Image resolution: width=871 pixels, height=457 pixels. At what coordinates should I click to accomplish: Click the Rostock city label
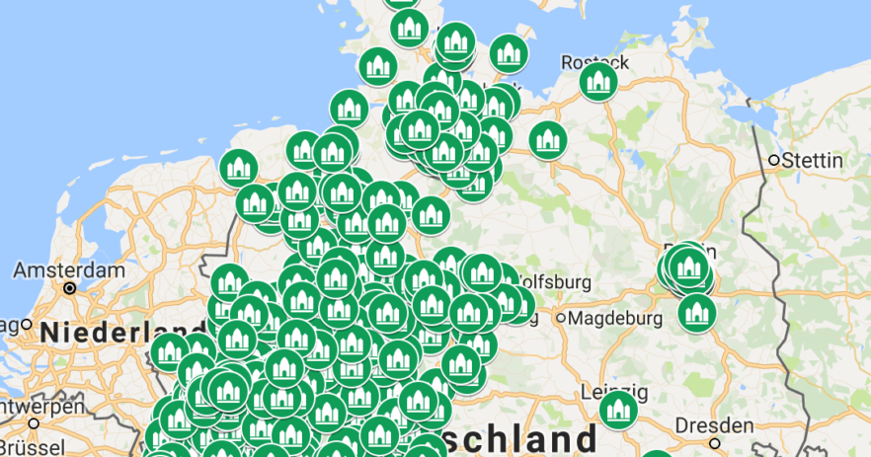coord(594,61)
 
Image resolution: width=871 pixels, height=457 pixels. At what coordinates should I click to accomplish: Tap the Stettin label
coord(813,160)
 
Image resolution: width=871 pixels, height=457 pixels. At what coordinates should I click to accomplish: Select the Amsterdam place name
coord(69,270)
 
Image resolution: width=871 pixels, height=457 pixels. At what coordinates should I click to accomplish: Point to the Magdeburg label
coord(615,318)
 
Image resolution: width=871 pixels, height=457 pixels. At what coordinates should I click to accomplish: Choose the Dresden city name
coord(716,426)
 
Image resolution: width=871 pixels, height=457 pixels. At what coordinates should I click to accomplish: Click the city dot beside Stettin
coord(774,160)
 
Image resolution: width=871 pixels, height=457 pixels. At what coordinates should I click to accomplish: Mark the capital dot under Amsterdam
coord(69,288)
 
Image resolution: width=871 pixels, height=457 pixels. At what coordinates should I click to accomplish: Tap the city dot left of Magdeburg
coord(560,318)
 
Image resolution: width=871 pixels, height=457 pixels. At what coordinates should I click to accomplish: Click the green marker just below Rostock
coord(598,83)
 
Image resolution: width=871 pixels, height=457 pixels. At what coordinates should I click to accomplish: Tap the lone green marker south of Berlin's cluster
coord(696,313)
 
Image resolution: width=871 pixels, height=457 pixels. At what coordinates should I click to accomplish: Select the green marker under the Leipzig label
coord(619,410)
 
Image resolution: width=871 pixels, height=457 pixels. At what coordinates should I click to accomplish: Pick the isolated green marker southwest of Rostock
coord(547,141)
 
